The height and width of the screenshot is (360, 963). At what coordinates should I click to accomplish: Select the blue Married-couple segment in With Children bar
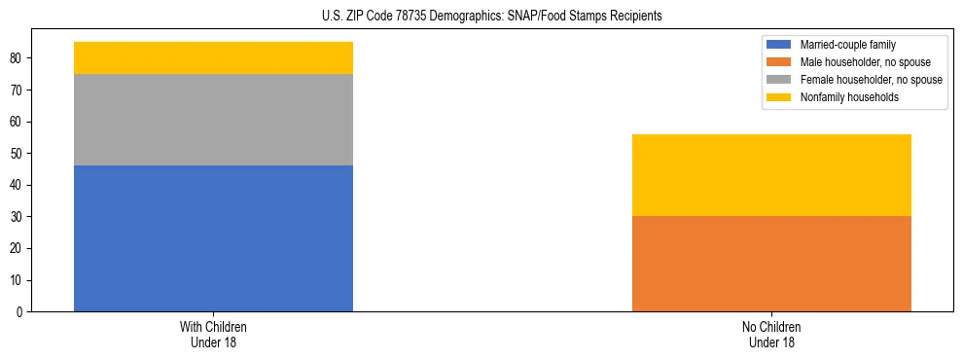[213, 238]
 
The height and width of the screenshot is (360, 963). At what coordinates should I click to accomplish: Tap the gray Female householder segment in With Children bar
[213, 120]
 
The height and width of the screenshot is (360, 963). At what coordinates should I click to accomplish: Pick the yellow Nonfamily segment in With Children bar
[213, 57]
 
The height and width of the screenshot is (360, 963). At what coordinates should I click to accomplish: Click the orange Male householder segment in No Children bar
[771, 264]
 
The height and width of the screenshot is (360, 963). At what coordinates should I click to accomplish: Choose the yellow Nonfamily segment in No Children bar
[771, 175]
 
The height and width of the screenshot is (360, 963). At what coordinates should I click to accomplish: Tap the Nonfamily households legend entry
[845, 97]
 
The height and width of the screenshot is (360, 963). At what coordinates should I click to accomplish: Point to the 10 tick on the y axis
[18, 280]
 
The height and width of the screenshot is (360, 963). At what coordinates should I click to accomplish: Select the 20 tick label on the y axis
[18, 249]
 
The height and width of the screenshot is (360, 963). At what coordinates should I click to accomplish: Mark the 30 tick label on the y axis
[18, 217]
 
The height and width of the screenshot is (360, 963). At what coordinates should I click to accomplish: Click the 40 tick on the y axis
[18, 185]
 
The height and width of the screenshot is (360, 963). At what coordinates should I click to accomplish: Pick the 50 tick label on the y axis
[18, 154]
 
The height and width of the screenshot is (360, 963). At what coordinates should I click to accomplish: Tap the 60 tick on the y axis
[18, 122]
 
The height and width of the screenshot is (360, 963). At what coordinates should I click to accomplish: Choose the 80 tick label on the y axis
[18, 58]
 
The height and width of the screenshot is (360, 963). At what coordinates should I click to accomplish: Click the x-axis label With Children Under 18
[213, 334]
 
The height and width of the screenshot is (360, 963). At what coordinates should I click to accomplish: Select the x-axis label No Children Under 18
[771, 334]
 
